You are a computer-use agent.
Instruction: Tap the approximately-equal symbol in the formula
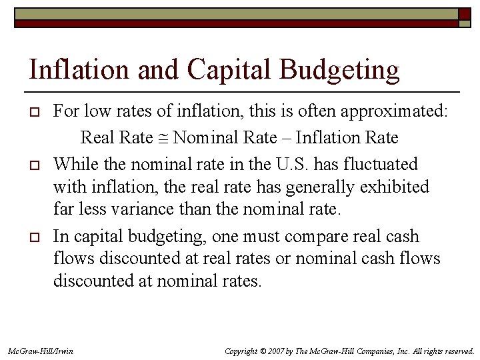165,139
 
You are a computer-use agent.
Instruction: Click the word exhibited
393,187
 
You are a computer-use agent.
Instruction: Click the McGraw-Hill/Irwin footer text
40,351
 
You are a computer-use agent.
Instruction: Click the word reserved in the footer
457,351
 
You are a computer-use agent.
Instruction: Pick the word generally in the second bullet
317,187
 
